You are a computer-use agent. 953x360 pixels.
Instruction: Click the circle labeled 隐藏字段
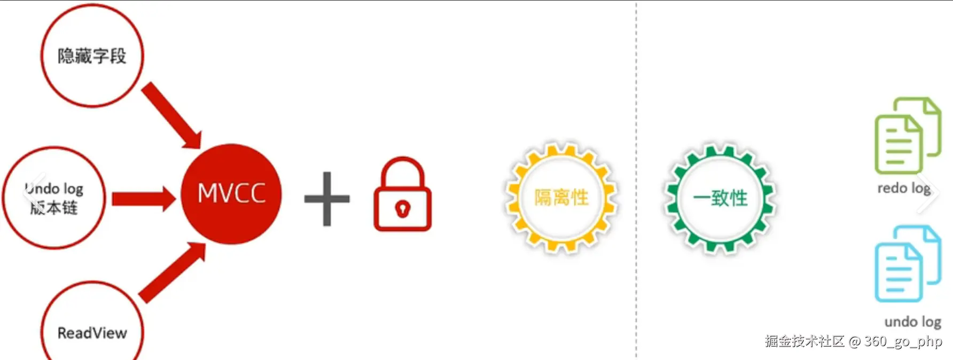pos(92,56)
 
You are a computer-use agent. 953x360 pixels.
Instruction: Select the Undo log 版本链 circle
pos(53,198)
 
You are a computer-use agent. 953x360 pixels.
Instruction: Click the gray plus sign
pos(327,199)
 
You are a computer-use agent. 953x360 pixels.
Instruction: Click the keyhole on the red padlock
pos(402,208)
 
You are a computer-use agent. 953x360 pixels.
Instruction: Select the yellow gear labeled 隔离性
pos(561,198)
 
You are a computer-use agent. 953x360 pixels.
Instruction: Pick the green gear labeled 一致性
pos(720,198)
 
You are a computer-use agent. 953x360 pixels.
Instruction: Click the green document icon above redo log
pos(907,136)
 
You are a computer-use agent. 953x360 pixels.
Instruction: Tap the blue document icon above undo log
pos(907,264)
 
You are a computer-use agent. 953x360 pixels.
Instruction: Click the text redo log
pos(904,188)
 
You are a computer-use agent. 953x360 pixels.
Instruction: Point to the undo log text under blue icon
pos(912,322)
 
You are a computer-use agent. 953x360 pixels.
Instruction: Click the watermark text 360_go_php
pos(903,341)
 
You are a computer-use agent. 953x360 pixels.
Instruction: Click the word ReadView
pos(92,333)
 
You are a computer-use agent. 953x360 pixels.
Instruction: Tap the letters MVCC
pos(231,193)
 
